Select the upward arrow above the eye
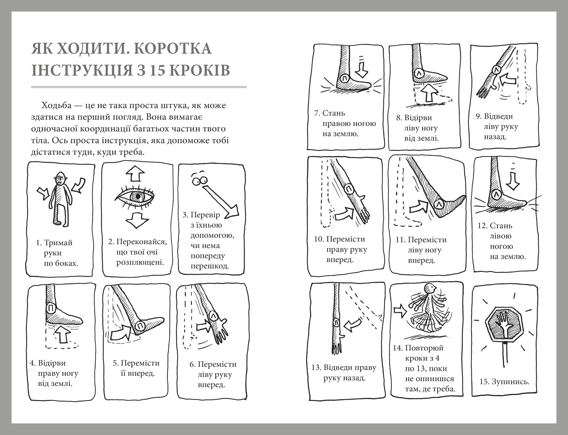(x=135, y=173)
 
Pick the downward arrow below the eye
(x=137, y=220)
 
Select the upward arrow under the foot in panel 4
(x=62, y=334)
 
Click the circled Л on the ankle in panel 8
(x=418, y=73)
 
